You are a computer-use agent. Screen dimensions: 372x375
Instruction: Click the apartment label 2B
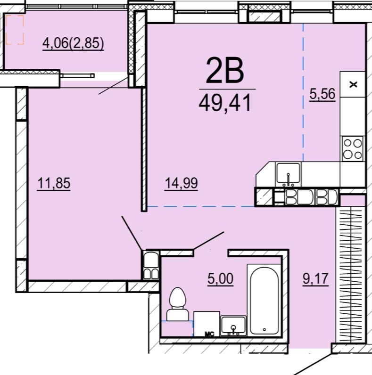tap(225, 71)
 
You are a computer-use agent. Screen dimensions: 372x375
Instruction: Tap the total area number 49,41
tap(225, 102)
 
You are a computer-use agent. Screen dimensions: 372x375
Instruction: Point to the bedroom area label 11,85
tap(54, 183)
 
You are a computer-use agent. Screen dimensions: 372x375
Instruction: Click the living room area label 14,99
tap(181, 183)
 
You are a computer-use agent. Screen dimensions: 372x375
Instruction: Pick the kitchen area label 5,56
tap(322, 94)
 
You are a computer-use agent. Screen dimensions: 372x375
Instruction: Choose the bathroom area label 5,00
tap(220, 278)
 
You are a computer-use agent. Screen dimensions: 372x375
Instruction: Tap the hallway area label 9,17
tap(315, 278)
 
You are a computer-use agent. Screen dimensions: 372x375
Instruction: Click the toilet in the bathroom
tap(177, 304)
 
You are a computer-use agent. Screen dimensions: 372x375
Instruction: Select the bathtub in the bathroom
tap(264, 300)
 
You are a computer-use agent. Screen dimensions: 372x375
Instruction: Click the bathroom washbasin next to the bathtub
tap(233, 326)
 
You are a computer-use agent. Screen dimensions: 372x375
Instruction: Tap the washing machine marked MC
tap(207, 324)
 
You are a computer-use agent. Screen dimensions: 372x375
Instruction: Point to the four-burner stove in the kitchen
tap(353, 149)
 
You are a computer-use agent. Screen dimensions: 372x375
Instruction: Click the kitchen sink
tap(288, 175)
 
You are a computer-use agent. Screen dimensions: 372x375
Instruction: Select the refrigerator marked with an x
tap(353, 84)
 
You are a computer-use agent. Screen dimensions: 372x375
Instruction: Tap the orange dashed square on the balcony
tap(15, 30)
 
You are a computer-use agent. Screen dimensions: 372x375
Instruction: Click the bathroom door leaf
tap(209, 241)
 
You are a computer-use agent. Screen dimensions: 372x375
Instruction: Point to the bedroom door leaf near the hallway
tap(132, 233)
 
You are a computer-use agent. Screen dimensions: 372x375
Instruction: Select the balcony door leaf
tap(113, 86)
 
